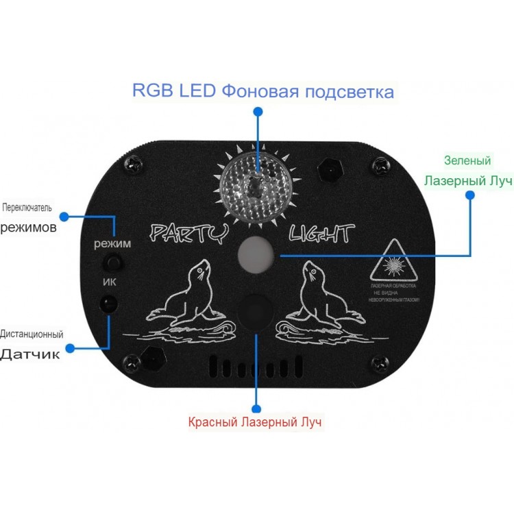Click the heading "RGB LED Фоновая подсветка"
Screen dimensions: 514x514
point(263,91)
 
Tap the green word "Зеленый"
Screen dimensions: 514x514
point(467,161)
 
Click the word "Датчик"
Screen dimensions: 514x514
point(29,355)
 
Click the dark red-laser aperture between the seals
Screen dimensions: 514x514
point(257,309)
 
